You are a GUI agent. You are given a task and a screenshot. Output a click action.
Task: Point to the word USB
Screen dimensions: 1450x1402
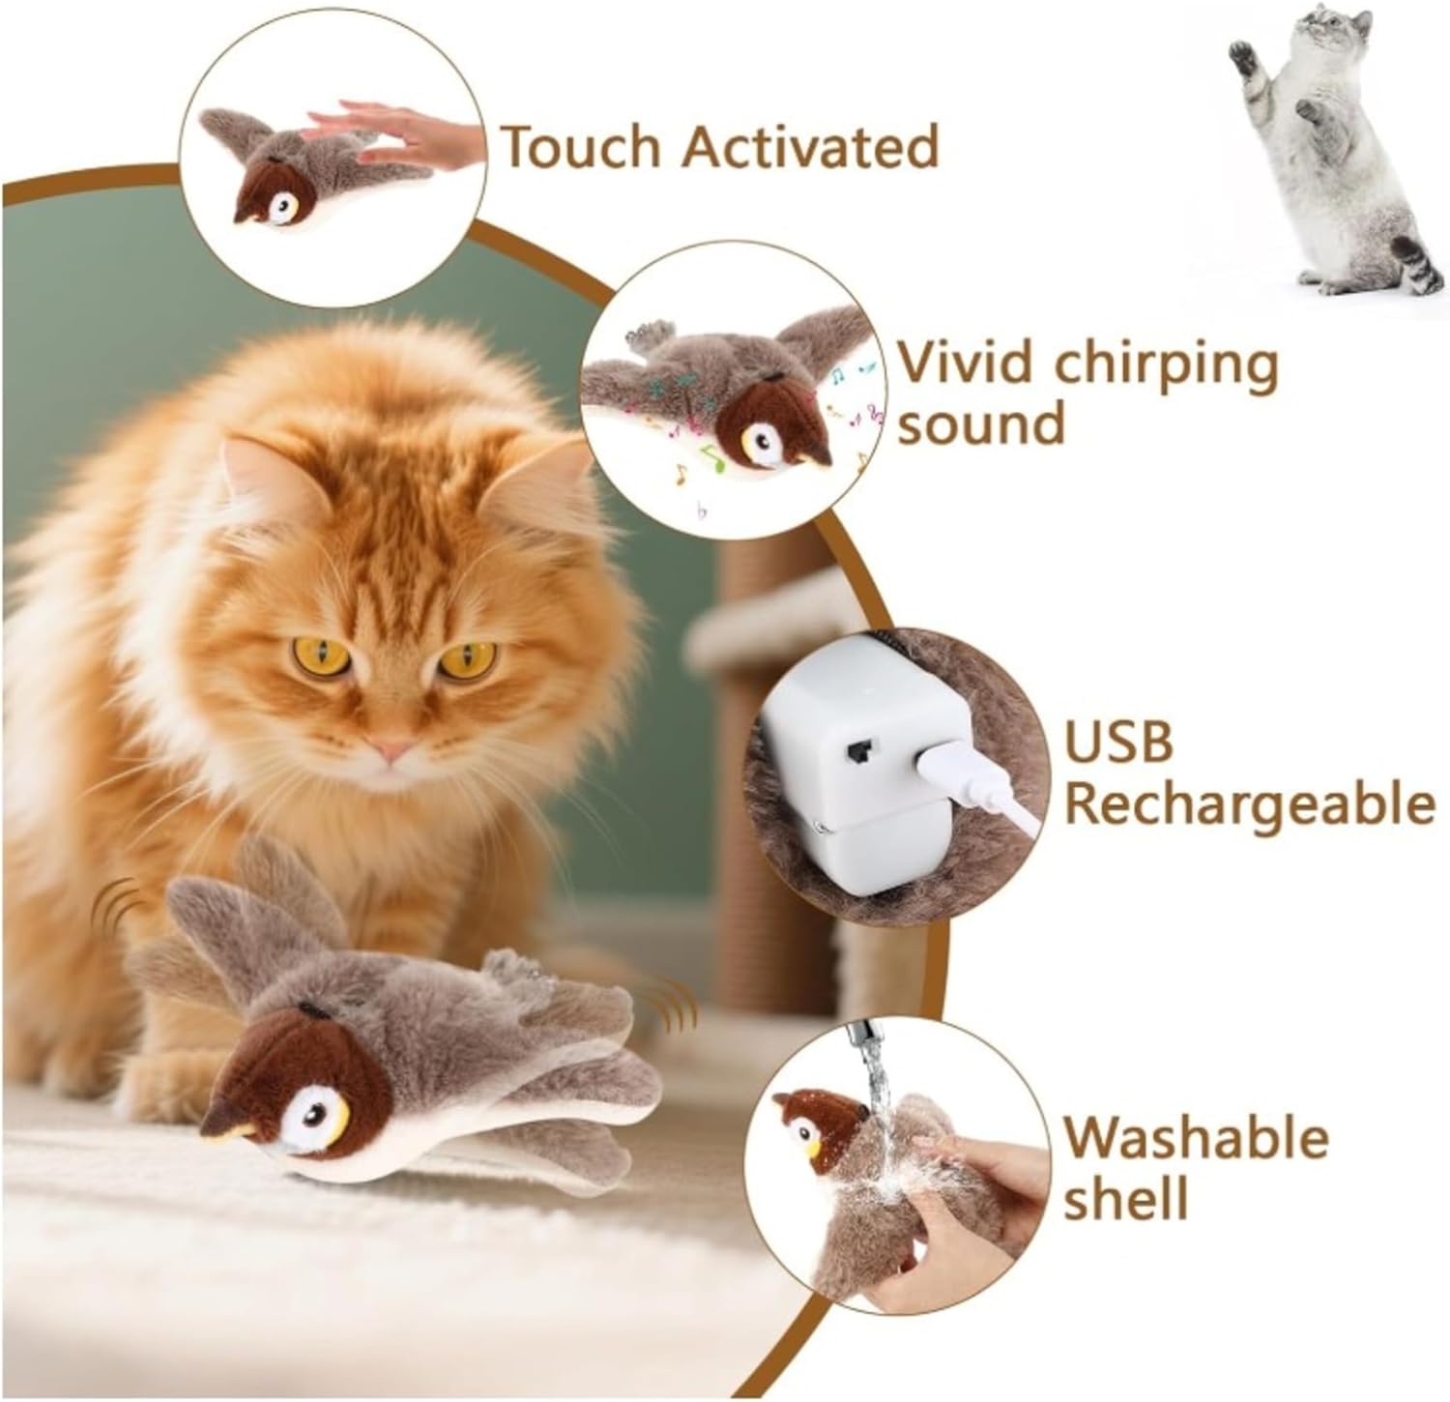click(1119, 741)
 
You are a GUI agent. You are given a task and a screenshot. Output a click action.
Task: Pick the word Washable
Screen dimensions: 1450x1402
click(1197, 1138)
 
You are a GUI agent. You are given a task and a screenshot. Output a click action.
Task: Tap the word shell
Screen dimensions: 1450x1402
click(1126, 1200)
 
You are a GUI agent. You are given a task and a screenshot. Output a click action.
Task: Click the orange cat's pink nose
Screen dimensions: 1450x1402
click(393, 748)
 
